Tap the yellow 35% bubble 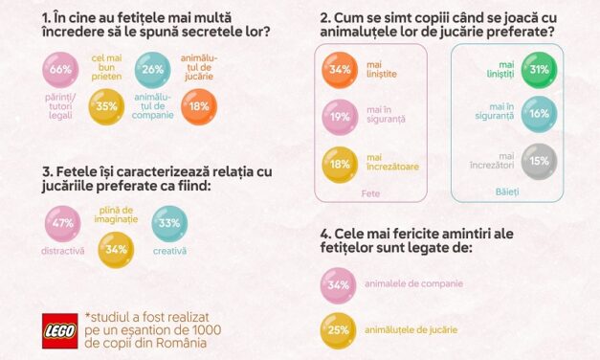(107, 105)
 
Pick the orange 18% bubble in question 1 (198, 105)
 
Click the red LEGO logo (59, 330)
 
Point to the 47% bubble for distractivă (63, 224)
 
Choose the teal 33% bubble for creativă (169, 224)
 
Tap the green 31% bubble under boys (539, 70)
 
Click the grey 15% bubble (539, 160)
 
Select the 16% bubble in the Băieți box (539, 114)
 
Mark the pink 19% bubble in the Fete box (340, 118)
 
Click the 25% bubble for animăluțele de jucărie (338, 330)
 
